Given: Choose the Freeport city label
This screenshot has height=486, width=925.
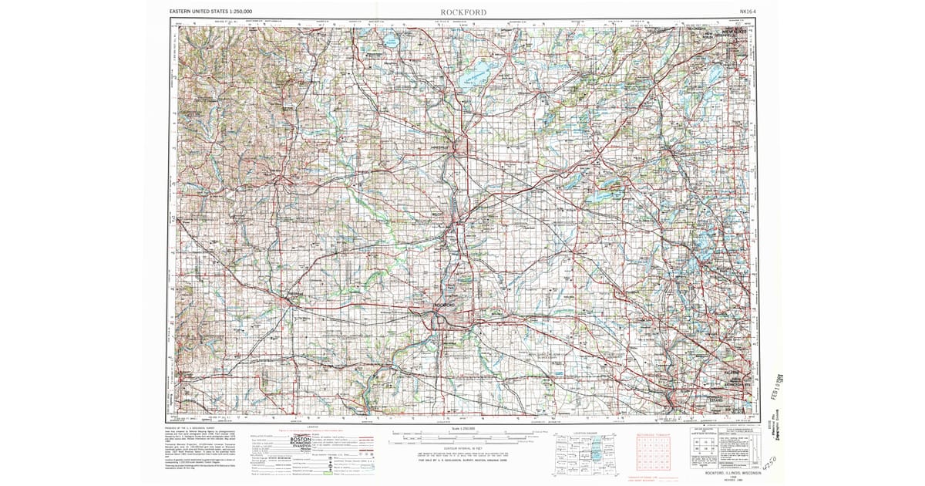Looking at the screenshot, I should [294, 294].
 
